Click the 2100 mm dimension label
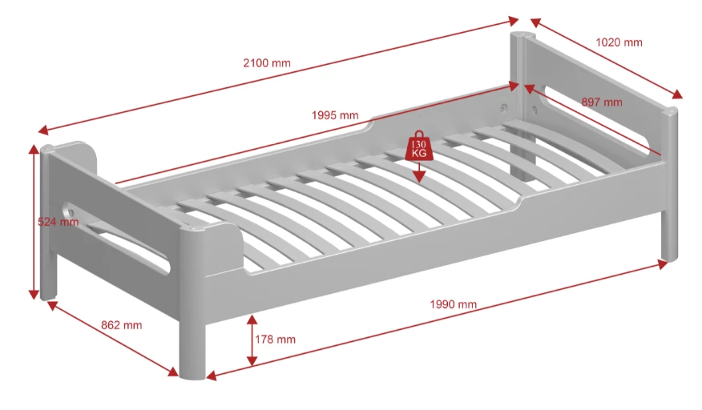tap(267, 62)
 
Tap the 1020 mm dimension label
tap(619, 42)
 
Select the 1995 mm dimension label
tap(335, 115)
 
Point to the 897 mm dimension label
tap(602, 102)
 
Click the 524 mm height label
tap(58, 222)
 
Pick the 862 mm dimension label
tap(121, 325)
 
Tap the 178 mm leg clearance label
tap(276, 340)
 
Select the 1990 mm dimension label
tap(453, 304)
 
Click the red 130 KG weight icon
tap(418, 146)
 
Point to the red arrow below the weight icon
tap(419, 172)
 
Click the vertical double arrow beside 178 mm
tap(252, 340)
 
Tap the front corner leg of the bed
tap(193, 344)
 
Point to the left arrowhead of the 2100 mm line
tap(42, 131)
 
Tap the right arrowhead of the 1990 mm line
tap(663, 264)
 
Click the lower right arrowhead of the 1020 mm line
tap(678, 94)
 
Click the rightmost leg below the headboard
tap(670, 235)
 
